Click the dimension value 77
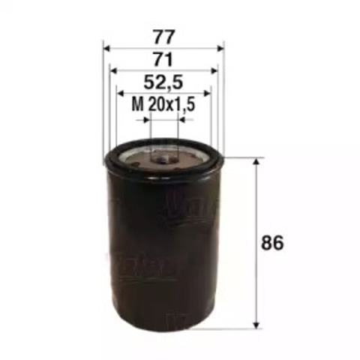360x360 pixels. pyautogui.click(x=163, y=36)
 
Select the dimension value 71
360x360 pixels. pyautogui.click(x=163, y=59)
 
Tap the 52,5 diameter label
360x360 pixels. pyautogui.click(x=163, y=82)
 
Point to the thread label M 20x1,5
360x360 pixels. pyautogui.click(x=163, y=106)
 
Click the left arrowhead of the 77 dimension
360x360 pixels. pyautogui.click(x=106, y=48)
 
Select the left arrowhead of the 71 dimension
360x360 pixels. pyautogui.click(x=113, y=71)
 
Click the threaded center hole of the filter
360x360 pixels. pyautogui.click(x=164, y=157)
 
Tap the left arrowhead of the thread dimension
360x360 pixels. pyautogui.click(x=147, y=118)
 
